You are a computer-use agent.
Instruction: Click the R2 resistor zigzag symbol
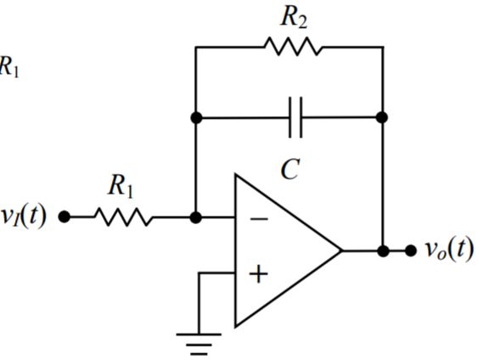(294, 47)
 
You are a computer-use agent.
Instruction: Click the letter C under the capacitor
(290, 169)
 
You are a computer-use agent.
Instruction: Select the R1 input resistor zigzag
(124, 217)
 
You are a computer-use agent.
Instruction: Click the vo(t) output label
(448, 251)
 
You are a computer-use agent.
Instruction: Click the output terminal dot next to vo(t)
(412, 250)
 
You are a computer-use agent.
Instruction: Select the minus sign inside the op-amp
(259, 218)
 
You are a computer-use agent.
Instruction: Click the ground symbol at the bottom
(198, 343)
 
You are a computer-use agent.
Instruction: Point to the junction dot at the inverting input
(196, 217)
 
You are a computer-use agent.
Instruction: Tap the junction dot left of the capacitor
(196, 117)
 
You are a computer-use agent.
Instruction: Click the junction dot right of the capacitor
(382, 117)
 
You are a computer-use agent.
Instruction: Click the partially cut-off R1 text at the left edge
(8, 66)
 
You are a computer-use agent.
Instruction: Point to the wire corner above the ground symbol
(199, 274)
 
